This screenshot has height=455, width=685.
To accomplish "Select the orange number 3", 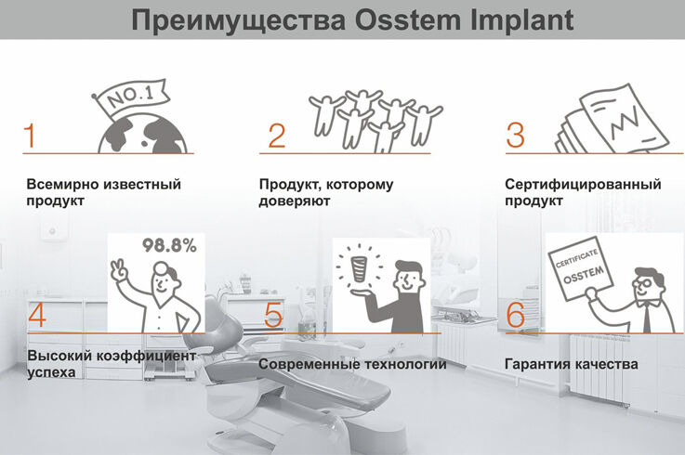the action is [515, 135].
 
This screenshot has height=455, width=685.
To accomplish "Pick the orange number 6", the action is [516, 315].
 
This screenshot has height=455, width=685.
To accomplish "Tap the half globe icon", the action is [142, 133].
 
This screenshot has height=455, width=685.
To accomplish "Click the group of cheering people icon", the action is [375, 120].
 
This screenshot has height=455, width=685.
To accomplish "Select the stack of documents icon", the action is [612, 119].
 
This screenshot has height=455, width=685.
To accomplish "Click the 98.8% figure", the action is [169, 245].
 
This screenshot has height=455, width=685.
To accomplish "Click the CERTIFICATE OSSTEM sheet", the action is [581, 268].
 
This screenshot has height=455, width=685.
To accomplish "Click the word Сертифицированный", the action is [583, 184].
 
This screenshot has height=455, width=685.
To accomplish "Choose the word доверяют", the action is [294, 201].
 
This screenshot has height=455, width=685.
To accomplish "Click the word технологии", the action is [405, 364].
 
